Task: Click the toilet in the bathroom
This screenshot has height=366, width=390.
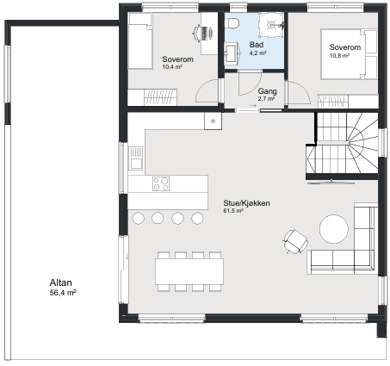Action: click(232, 23)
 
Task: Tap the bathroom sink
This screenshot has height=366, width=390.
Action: click(232, 53)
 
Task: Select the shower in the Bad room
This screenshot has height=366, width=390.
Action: click(271, 25)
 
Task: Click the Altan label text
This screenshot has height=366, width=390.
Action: click(61, 282)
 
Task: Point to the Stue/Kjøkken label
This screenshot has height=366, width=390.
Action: click(246, 203)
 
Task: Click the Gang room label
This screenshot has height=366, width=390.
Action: click(268, 91)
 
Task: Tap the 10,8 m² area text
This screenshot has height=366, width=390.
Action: click(339, 56)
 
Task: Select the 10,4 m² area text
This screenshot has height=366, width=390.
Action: click(172, 67)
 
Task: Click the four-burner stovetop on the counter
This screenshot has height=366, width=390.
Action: click(161, 183)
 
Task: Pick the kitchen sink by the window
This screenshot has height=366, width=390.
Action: click(135, 158)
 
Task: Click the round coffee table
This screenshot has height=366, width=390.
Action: click(334, 229)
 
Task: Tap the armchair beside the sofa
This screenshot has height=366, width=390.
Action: click(295, 241)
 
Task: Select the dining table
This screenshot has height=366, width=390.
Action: click(189, 271)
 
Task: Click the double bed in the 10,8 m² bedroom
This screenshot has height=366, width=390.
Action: click(349, 54)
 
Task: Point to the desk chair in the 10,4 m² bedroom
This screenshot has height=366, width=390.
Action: click(197, 32)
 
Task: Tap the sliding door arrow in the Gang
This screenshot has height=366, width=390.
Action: click(253, 106)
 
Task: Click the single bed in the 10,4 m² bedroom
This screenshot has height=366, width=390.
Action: click(140, 40)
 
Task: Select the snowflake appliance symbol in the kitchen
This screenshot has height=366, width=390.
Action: click(213, 121)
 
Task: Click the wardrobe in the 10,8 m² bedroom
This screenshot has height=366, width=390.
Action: click(348, 102)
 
